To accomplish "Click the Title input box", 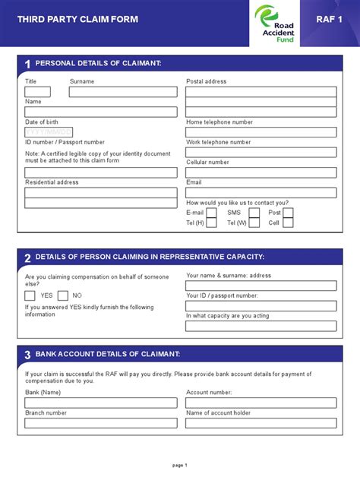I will point(38,92).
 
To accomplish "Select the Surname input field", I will point(123,92).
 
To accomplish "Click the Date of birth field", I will point(49,132).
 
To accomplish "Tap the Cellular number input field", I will point(261,172).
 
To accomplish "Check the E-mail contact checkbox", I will point(211,213).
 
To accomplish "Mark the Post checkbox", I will point(288,213).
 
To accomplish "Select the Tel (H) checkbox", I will point(211,223).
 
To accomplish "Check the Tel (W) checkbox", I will point(254,223).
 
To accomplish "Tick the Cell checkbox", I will point(288,223).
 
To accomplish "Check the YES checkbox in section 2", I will point(30,295).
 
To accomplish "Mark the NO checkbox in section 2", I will point(63,295).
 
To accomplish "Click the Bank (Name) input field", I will point(101,403).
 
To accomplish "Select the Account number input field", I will point(261,403).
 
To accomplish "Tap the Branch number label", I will point(46,413).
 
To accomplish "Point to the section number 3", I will point(27,355).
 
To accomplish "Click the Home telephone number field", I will point(261,132).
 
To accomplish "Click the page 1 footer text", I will point(180,465).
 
